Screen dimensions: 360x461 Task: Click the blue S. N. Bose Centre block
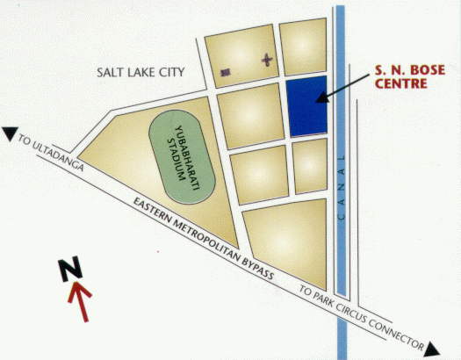coord(307,106)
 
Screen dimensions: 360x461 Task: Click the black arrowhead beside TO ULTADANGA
coord(10,133)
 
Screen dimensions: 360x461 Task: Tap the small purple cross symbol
coord(266,61)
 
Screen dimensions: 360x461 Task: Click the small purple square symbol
coord(226,71)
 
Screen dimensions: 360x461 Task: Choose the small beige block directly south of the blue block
coord(310,165)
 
